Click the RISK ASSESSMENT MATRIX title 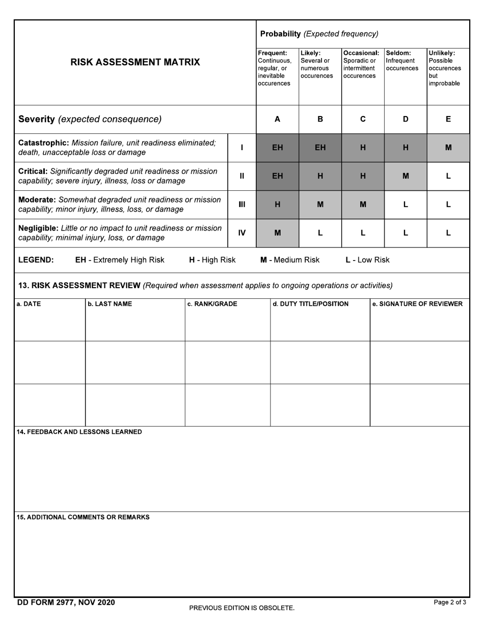[x=135, y=62]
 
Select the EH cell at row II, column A [x=277, y=176]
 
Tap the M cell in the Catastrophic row [x=448, y=148]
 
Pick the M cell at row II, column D [x=406, y=176]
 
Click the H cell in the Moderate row [x=277, y=205]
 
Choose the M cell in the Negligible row [x=277, y=233]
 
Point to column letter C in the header [x=363, y=119]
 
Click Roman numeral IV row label [x=242, y=233]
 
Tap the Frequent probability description [x=275, y=68]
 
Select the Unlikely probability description [x=444, y=68]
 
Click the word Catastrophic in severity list [x=44, y=143]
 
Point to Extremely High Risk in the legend [x=120, y=260]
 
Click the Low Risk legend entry [x=367, y=260]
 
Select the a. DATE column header [x=29, y=304]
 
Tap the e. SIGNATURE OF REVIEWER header [x=417, y=304]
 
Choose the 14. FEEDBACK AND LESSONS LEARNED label [x=79, y=432]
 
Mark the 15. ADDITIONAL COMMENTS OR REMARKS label [x=83, y=517]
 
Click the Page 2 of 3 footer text [x=450, y=603]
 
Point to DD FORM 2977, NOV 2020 [x=66, y=603]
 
